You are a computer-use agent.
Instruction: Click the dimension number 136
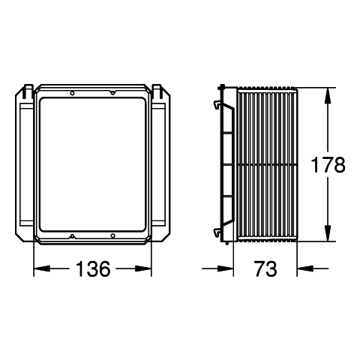pyautogui.click(x=93, y=268)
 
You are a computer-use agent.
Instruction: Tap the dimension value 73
pyautogui.click(x=265, y=268)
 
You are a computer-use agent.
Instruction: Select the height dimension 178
pyautogui.click(x=328, y=165)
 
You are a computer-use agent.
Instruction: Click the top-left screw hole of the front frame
pyautogui.click(x=72, y=93)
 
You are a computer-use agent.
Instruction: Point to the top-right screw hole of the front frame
pyautogui.click(x=113, y=93)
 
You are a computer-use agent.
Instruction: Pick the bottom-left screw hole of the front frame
pyautogui.click(x=72, y=235)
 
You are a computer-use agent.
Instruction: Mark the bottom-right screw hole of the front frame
pyautogui.click(x=113, y=235)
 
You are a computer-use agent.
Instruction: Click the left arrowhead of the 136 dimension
pyautogui.click(x=42, y=268)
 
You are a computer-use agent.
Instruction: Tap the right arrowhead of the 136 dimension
pyautogui.click(x=143, y=268)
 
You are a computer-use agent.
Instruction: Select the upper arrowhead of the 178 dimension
pyautogui.click(x=328, y=96)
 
